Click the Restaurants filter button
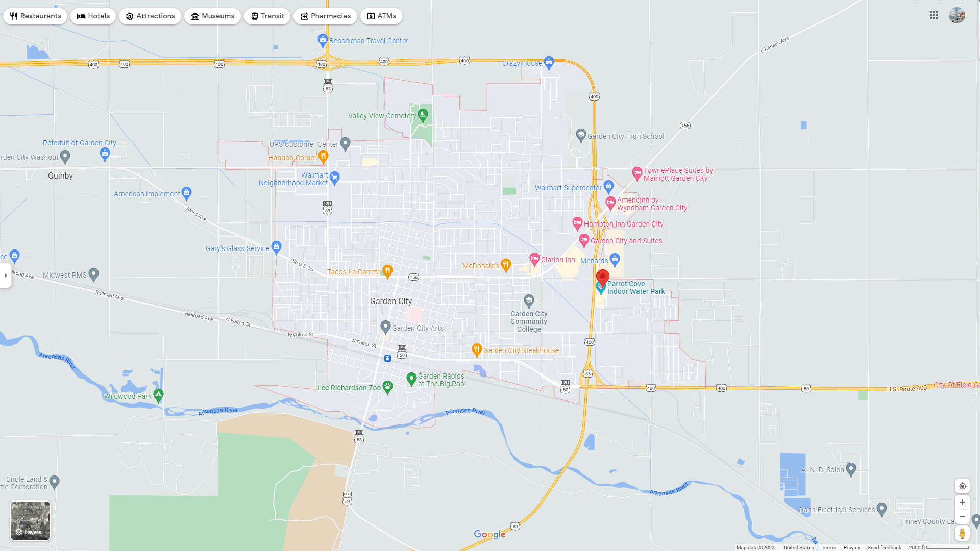[35, 16]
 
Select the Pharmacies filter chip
[325, 16]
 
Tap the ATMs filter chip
[381, 16]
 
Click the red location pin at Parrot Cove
[603, 278]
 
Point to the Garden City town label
[391, 302]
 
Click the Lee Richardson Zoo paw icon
[388, 387]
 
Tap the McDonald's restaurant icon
[506, 265]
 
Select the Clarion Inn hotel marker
[534, 259]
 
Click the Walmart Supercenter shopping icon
[608, 186]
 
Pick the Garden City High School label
[626, 136]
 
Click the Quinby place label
[60, 176]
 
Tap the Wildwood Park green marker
[159, 394]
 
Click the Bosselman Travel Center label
[369, 41]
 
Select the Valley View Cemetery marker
[423, 115]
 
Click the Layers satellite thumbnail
[31, 520]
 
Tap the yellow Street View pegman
[962, 534]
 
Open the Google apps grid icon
[934, 16]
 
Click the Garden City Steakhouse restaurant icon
[477, 349]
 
